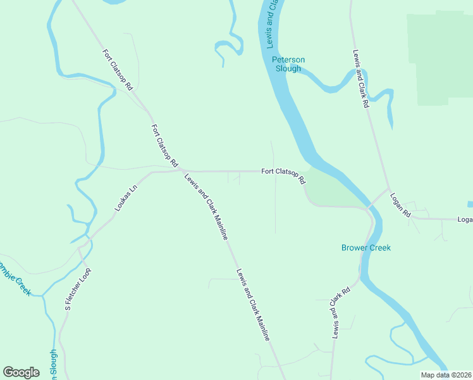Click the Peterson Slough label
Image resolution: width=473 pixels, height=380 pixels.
288,64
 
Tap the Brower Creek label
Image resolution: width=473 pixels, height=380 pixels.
366,248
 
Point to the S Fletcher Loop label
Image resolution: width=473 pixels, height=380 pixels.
78,288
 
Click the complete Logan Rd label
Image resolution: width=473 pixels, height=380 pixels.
400,205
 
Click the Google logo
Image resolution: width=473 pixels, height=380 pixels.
21,372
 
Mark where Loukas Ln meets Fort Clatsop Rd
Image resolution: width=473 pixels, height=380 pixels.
180,170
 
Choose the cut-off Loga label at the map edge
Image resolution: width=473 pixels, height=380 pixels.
465,220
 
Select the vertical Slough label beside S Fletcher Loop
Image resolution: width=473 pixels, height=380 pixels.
53,365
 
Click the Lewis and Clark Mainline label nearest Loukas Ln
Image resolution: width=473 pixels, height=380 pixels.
206,206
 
